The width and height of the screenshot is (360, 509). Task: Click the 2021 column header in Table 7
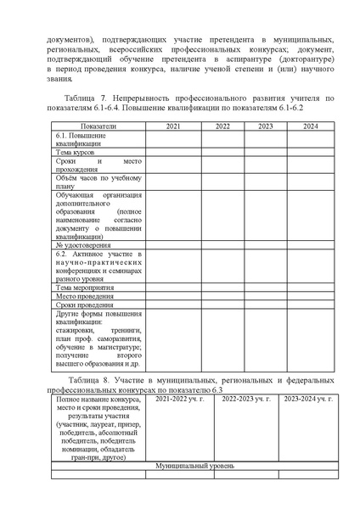click(173, 126)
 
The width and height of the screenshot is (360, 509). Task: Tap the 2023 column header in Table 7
click(265, 126)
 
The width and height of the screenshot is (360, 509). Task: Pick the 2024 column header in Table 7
click(310, 126)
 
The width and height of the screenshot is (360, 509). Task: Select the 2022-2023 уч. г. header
click(246, 398)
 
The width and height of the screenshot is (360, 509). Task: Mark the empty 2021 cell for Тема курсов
click(173, 152)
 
